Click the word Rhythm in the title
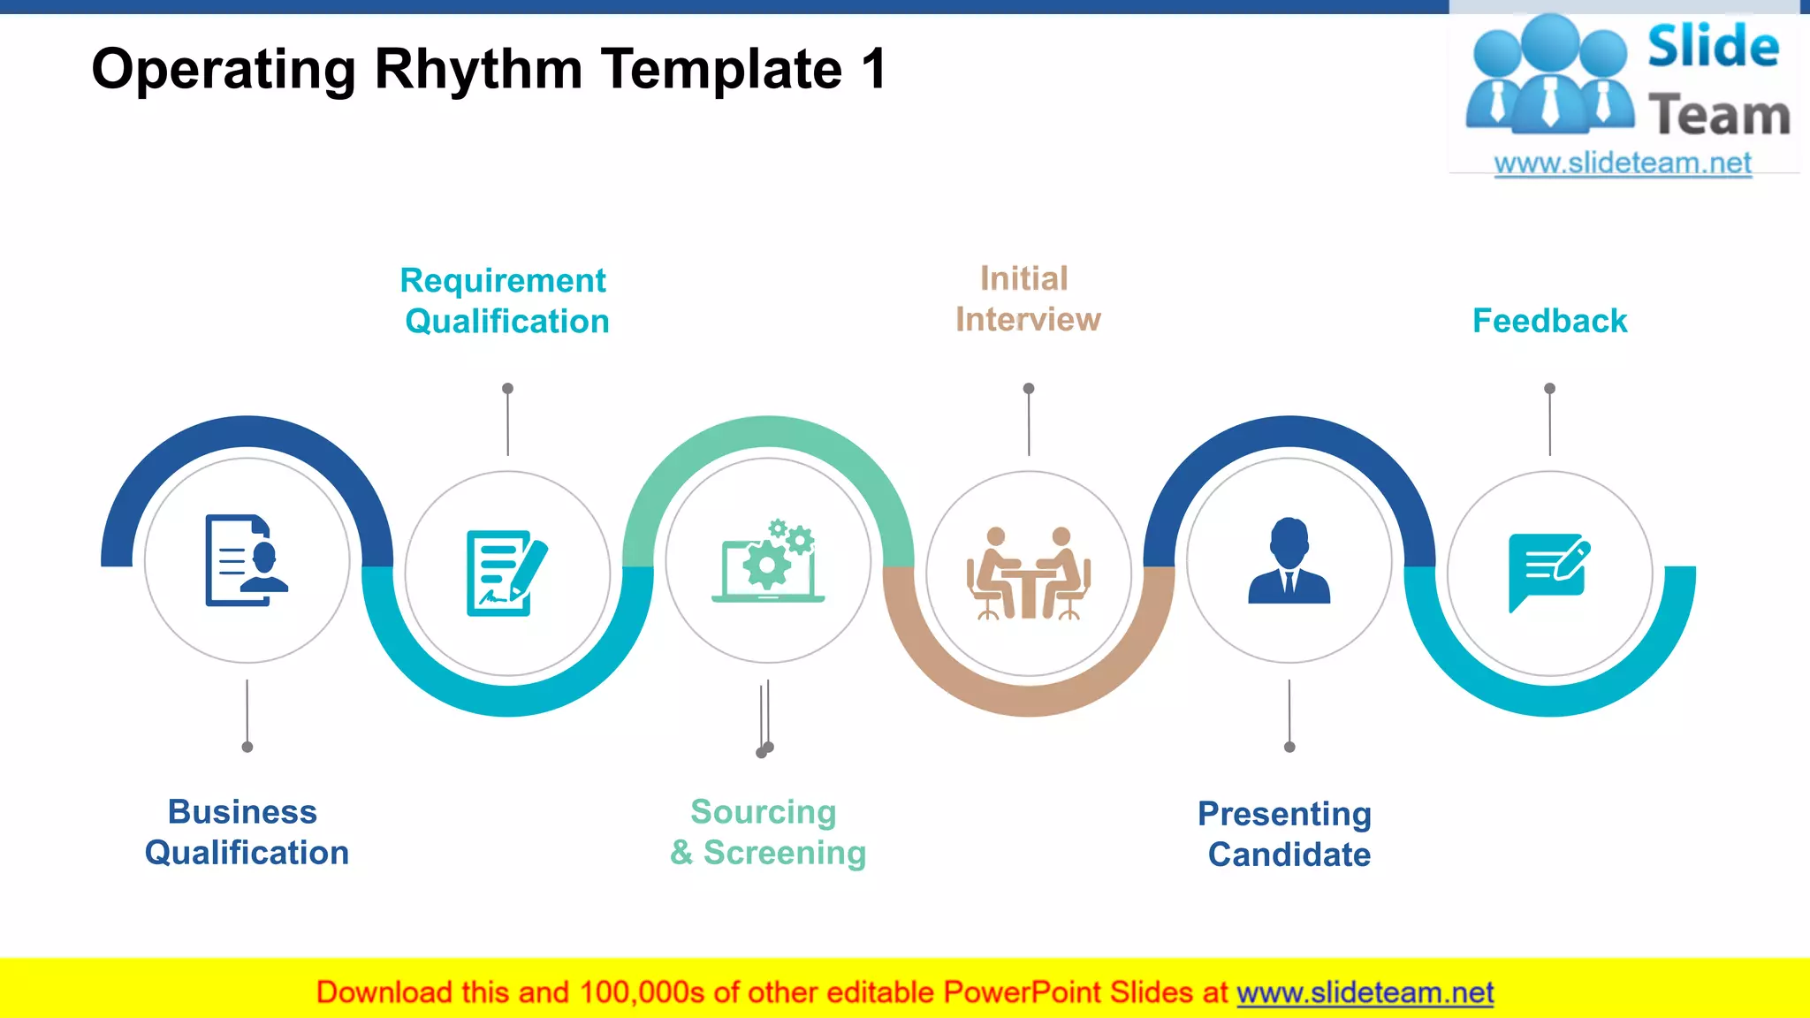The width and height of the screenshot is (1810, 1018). (477, 69)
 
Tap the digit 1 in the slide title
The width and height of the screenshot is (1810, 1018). (873, 69)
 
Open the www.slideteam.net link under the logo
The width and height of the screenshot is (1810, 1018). (1623, 163)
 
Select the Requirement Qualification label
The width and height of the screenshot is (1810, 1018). (505, 300)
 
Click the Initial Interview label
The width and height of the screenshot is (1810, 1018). (1027, 299)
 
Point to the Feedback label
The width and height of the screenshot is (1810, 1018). (1549, 321)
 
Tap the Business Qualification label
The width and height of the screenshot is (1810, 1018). (246, 832)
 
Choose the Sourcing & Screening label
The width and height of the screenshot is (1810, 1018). (767, 832)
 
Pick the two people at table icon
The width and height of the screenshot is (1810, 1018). (1028, 574)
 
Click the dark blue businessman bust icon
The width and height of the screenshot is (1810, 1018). (1289, 561)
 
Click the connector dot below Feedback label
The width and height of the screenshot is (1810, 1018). (1549, 389)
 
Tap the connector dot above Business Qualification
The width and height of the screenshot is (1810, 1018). (247, 747)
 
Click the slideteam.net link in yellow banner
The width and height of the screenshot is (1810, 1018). (1365, 993)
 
